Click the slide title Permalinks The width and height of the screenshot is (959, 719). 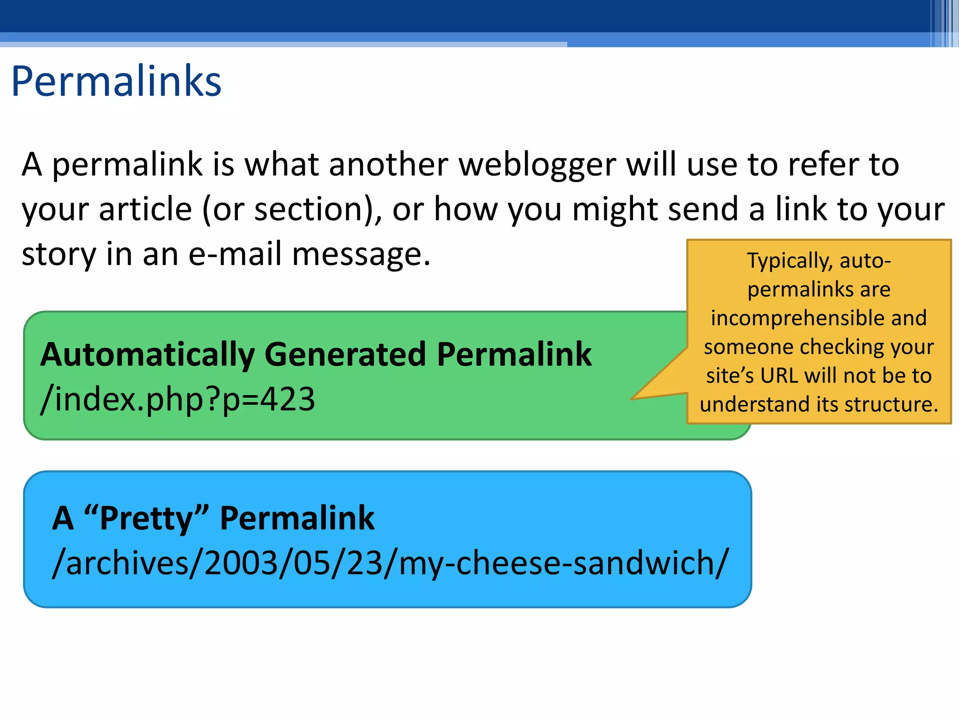pos(116,82)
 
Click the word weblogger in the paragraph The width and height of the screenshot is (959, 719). pos(537,165)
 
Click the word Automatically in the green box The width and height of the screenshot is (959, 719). pos(148,355)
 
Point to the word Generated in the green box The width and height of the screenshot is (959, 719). pos(345,355)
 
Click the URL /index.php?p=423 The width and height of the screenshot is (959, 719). pos(178,399)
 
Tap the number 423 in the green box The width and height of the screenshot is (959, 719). pos(288,399)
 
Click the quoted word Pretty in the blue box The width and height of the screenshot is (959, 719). pos(146,519)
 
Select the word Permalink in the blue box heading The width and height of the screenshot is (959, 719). pos(297,519)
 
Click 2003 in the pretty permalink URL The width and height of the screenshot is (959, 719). pos(242,563)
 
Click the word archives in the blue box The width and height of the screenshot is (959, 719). pos(127,563)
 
